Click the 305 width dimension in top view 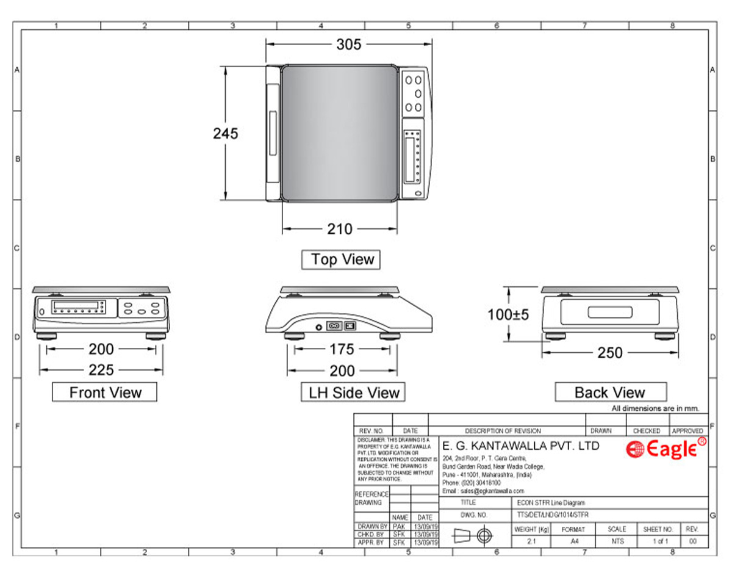tap(348, 44)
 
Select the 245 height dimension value tap(225, 133)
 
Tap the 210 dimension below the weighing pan tap(340, 229)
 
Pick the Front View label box tap(105, 392)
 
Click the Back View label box tap(610, 392)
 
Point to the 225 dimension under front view tap(101, 371)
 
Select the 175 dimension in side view tap(342, 349)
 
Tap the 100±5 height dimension tap(508, 314)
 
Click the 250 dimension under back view tap(610, 353)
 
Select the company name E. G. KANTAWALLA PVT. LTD tap(520, 446)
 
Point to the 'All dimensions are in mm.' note tap(655, 408)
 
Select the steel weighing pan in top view tap(339, 133)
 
